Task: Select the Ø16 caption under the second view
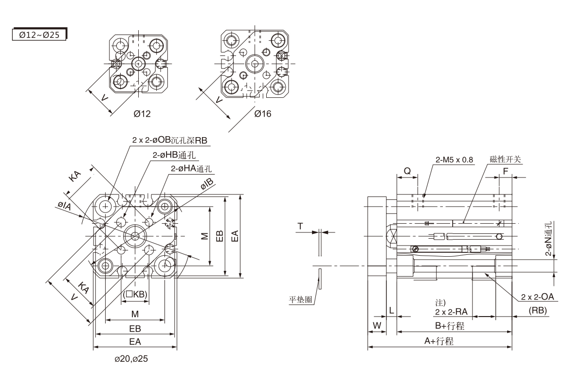(x=262, y=114)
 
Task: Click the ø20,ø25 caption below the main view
(x=131, y=359)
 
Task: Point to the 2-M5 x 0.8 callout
(x=455, y=159)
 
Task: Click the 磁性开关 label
(x=506, y=159)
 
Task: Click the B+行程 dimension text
(x=449, y=326)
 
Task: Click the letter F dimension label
(x=505, y=171)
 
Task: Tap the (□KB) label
(x=135, y=294)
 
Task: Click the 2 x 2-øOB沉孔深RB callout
(x=170, y=141)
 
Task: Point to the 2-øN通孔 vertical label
(x=548, y=239)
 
